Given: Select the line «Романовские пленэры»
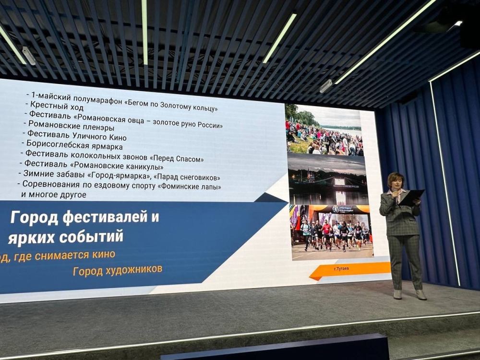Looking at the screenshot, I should (x=72, y=127).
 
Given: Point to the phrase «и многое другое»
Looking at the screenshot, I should (x=54, y=194).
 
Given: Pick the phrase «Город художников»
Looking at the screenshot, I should (x=117, y=270).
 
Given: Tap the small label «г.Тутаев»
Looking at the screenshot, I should (x=341, y=268).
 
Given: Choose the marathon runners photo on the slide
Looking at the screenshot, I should (x=331, y=232).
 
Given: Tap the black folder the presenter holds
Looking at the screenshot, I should (x=412, y=197).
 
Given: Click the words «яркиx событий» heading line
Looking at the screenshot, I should (x=65, y=236).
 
